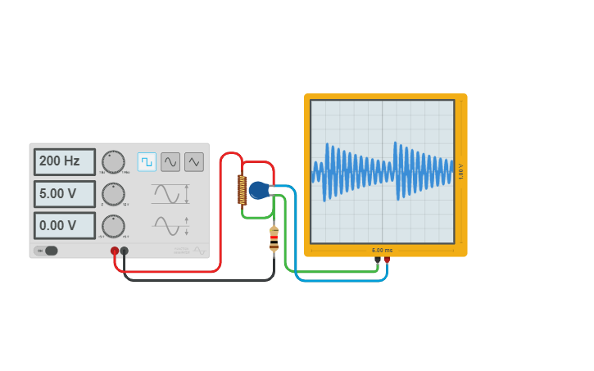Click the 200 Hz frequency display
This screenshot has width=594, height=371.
coord(64,161)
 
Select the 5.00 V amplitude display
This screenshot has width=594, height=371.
coord(64,194)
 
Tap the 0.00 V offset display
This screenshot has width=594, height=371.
coord(64,225)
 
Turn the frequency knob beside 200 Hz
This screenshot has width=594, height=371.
coord(113,161)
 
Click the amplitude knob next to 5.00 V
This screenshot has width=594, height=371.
coord(113,194)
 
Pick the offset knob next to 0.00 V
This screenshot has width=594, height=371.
coord(113,225)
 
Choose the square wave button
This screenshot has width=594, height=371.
coord(147,161)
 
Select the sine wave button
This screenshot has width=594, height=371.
coord(170,161)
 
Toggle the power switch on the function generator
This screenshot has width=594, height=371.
coord(47,251)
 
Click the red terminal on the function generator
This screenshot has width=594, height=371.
coord(115,251)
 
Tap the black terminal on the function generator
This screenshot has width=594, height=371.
coord(125,251)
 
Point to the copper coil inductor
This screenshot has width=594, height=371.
coord(243,190)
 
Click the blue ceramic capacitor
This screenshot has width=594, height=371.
coord(259,190)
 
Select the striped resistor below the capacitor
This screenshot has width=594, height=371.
coord(274,238)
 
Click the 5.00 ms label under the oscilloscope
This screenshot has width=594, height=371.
coord(382,250)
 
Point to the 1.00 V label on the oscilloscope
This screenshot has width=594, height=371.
coord(461,171)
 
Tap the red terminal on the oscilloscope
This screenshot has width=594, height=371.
coord(387,260)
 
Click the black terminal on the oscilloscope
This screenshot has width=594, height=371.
coord(377,260)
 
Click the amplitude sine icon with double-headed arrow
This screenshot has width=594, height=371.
coord(170,194)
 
